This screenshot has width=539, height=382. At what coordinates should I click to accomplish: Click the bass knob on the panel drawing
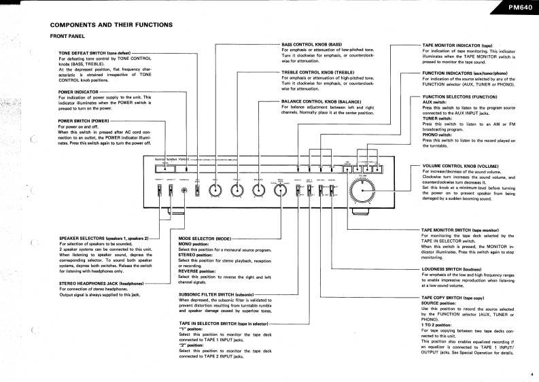click(x=215, y=192)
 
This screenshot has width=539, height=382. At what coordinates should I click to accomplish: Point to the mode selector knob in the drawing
click(x=280, y=192)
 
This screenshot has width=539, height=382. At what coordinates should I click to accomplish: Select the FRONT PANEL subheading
click(x=69, y=36)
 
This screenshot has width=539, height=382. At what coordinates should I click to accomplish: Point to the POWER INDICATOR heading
click(x=79, y=91)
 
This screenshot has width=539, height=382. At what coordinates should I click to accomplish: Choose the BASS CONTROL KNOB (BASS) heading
click(x=316, y=44)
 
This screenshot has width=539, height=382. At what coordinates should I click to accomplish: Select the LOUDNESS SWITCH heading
click(x=451, y=268)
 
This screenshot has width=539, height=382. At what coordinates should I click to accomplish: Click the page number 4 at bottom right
click(x=531, y=373)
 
